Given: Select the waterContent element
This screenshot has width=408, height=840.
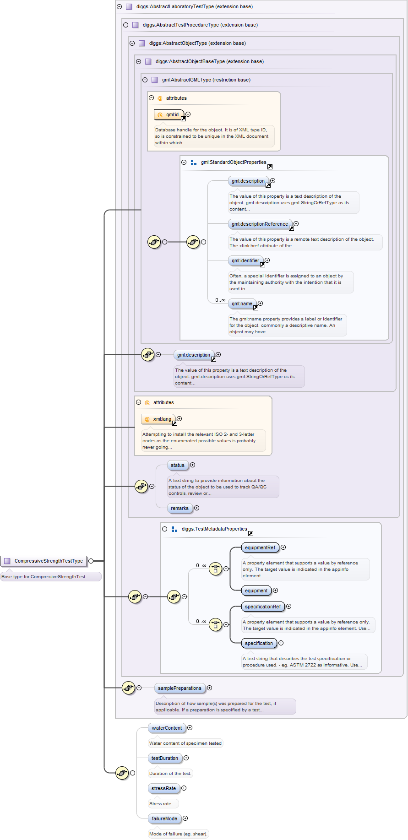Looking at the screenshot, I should click(167, 728).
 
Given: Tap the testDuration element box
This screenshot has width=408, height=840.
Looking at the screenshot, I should click(165, 758).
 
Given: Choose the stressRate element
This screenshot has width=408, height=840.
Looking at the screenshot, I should click(163, 788).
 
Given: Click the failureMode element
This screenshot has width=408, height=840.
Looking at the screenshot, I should click(164, 818).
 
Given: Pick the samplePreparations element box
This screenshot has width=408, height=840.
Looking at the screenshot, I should click(180, 688).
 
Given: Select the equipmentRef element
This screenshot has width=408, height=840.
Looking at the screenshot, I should click(260, 547).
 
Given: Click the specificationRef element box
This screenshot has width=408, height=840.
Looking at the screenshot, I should click(263, 607).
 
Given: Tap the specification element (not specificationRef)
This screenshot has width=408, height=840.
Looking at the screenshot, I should click(259, 643).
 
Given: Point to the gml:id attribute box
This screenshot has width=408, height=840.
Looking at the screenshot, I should click(169, 114).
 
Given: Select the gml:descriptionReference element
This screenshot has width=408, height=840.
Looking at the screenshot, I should click(260, 224).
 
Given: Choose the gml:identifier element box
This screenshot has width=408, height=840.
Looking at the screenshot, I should click(245, 260).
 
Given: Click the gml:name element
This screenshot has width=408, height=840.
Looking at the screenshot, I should click(242, 303).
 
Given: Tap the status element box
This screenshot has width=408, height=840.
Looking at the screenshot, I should click(178, 465).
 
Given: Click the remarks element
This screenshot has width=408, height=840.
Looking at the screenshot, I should click(180, 508).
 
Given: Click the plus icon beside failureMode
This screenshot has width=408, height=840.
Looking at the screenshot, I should click(185, 818).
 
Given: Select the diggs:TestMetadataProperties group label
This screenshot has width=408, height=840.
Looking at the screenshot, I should click(214, 529).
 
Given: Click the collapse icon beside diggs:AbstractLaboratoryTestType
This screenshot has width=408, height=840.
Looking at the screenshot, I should click(119, 6).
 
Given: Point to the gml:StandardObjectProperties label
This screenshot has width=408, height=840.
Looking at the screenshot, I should click(234, 162).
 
